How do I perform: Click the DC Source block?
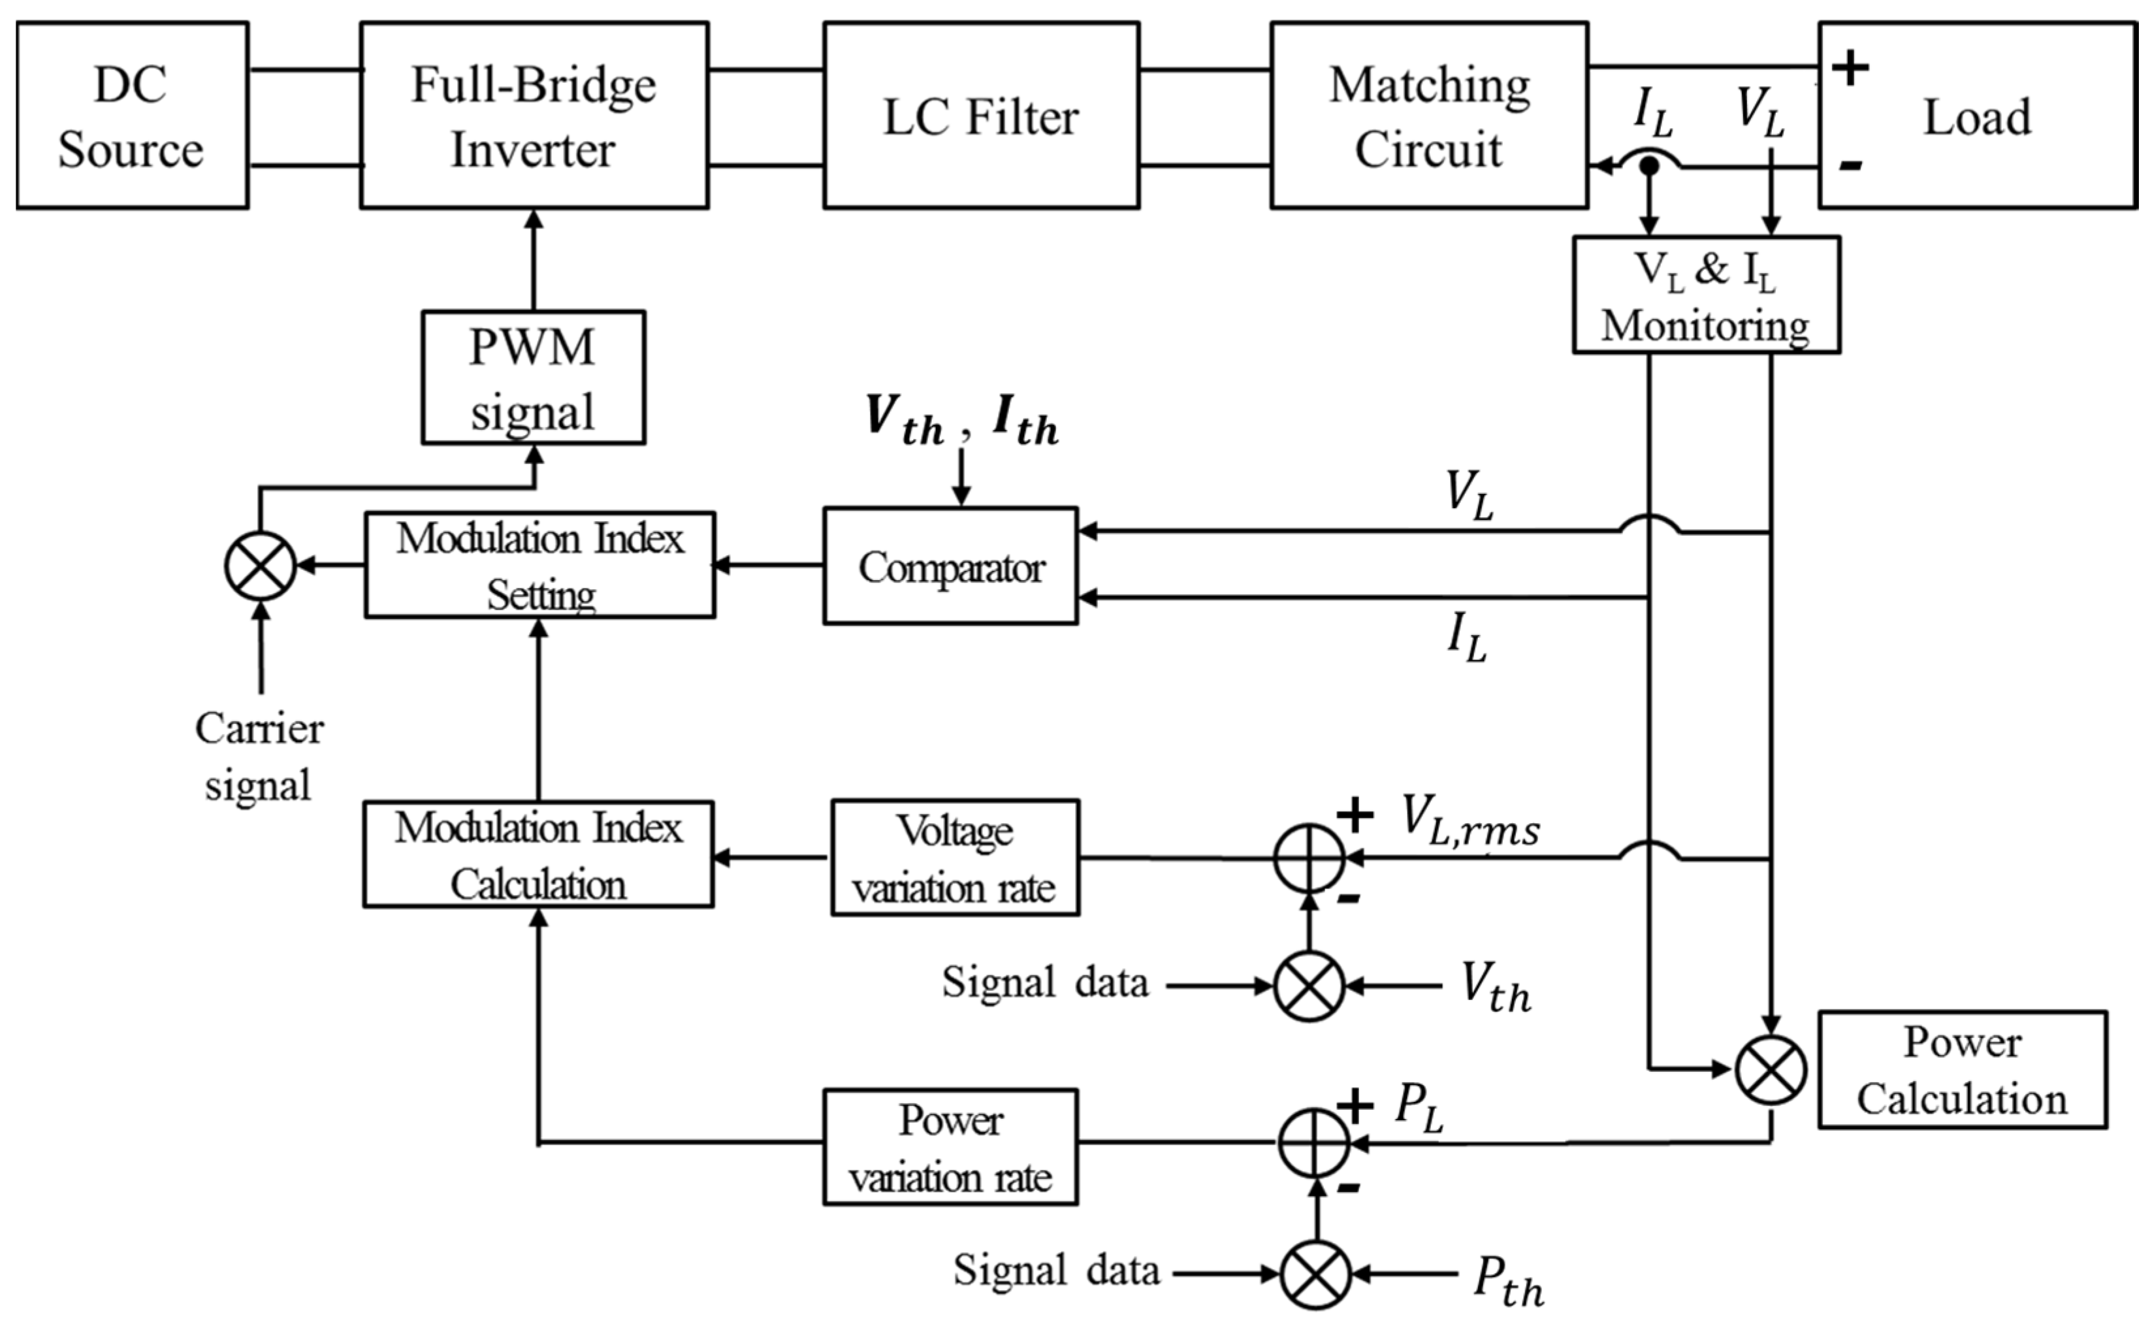coord(131,116)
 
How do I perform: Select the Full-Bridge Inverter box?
coord(534,116)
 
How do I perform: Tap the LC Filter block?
coord(981,116)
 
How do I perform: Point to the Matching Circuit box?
coord(1429,116)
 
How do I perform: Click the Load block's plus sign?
coord(1850,67)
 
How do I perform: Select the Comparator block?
coord(950,566)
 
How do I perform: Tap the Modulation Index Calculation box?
coord(538,855)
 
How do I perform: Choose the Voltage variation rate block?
coord(955,858)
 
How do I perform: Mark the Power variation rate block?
coord(950,1148)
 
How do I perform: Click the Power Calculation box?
coord(1962,1071)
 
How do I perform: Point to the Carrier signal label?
coord(259,755)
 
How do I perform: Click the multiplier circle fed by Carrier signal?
coord(261,566)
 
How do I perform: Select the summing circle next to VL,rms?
coord(1309,858)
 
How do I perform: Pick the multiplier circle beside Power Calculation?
coord(1771,1071)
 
